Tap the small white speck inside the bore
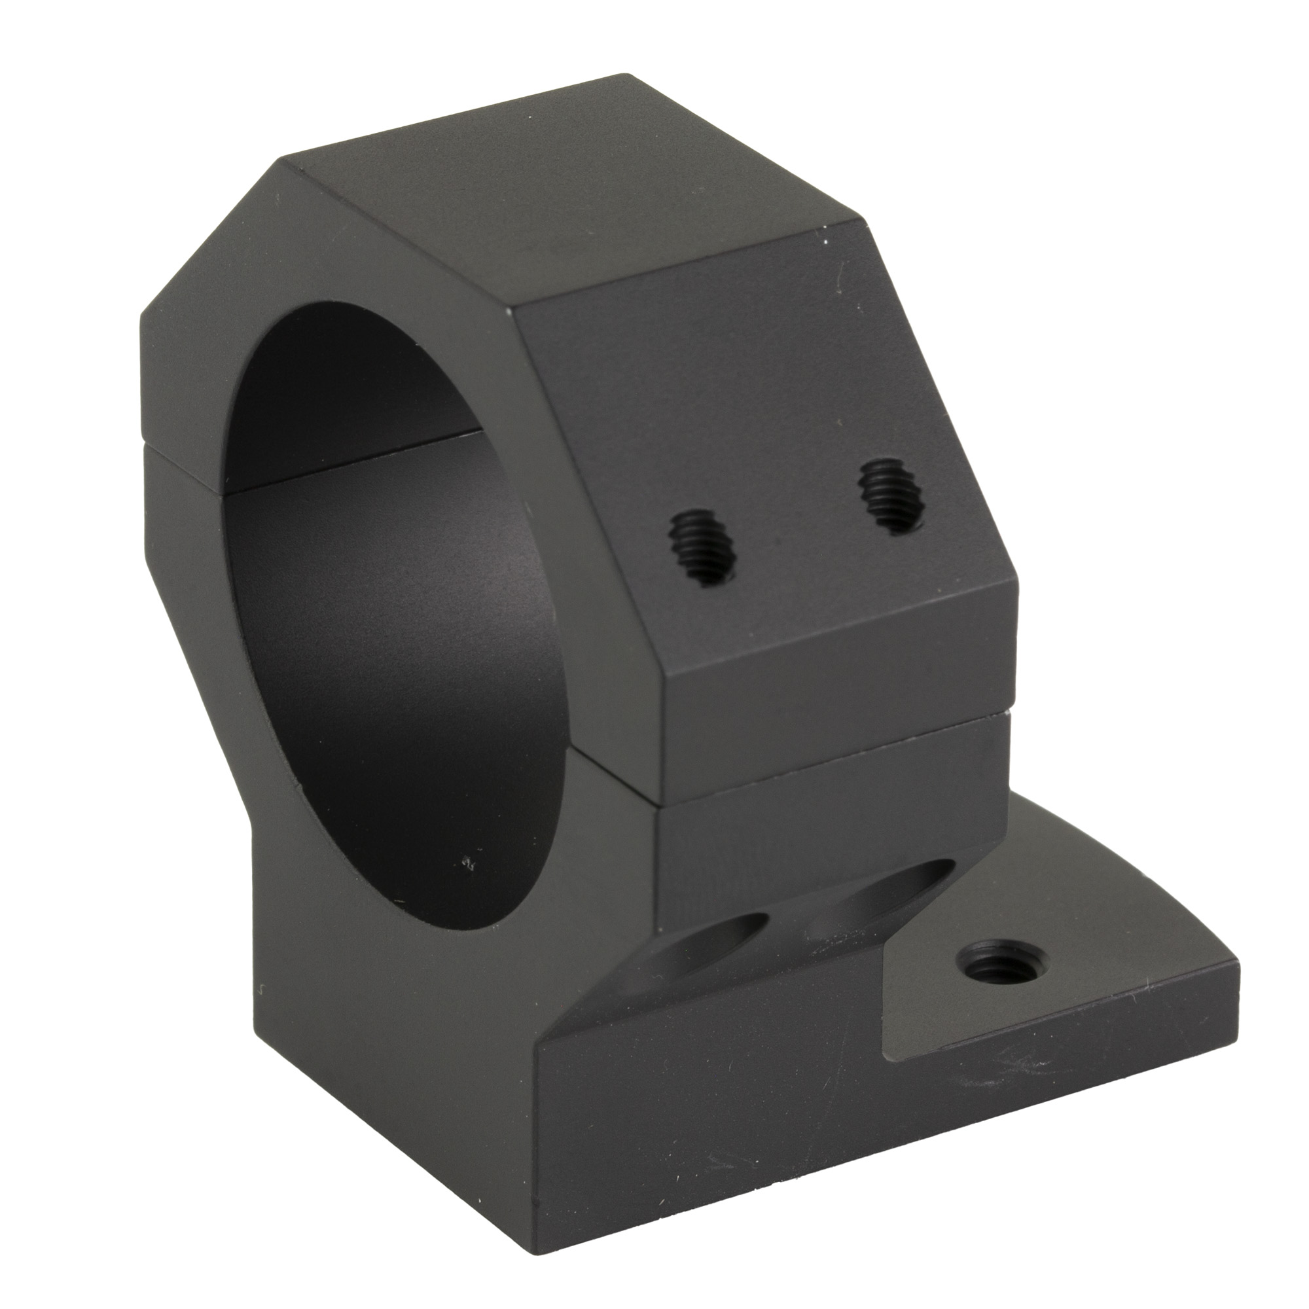(x=467, y=862)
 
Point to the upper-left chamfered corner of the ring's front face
(x=210, y=224)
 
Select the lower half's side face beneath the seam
(x=827, y=820)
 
